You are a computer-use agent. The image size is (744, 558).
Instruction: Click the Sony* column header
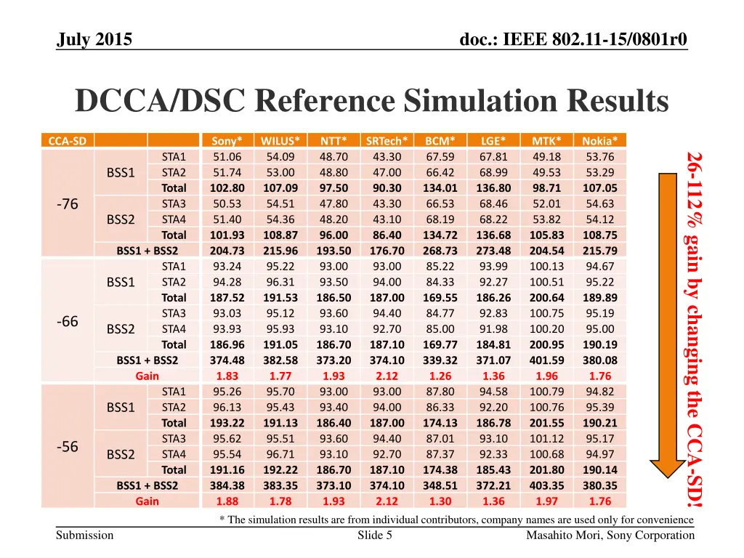[x=227, y=141]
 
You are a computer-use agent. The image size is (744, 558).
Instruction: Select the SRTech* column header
[x=387, y=141]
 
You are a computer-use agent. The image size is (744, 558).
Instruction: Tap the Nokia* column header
[x=599, y=141]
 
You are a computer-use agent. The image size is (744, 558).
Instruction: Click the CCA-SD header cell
[x=67, y=141]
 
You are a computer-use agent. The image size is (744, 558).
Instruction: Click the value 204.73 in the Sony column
[x=227, y=251]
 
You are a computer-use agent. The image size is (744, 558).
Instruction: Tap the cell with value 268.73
[x=440, y=251]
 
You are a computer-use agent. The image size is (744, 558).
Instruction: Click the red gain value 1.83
[x=227, y=376]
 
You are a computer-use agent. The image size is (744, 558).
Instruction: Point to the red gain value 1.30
[x=440, y=501]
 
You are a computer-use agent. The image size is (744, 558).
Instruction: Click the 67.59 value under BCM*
[x=440, y=157]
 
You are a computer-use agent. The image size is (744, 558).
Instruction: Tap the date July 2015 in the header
[x=94, y=39]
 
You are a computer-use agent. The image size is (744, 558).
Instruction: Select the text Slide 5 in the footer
[x=376, y=535]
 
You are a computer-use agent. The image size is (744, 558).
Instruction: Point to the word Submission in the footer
[x=85, y=535]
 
